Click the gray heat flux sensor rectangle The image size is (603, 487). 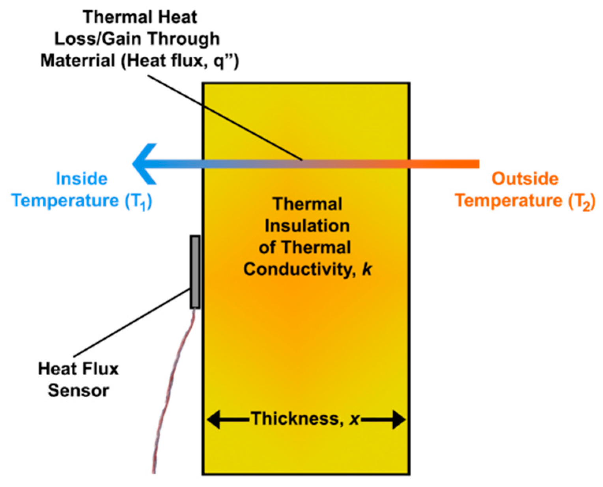pyautogui.click(x=195, y=272)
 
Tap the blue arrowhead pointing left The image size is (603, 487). pyautogui.click(x=144, y=164)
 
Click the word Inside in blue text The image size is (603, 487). pyautogui.click(x=82, y=179)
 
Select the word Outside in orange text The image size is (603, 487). pyautogui.click(x=525, y=179)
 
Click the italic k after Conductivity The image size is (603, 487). pyautogui.click(x=367, y=269)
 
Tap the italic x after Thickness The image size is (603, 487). pyautogui.click(x=355, y=419)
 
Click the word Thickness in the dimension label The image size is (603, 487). pyautogui.click(x=295, y=418)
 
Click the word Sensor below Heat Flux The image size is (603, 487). pyautogui.click(x=78, y=391)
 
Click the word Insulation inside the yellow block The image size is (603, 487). pyautogui.click(x=307, y=226)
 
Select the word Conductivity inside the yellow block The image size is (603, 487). pyautogui.click(x=300, y=269)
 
